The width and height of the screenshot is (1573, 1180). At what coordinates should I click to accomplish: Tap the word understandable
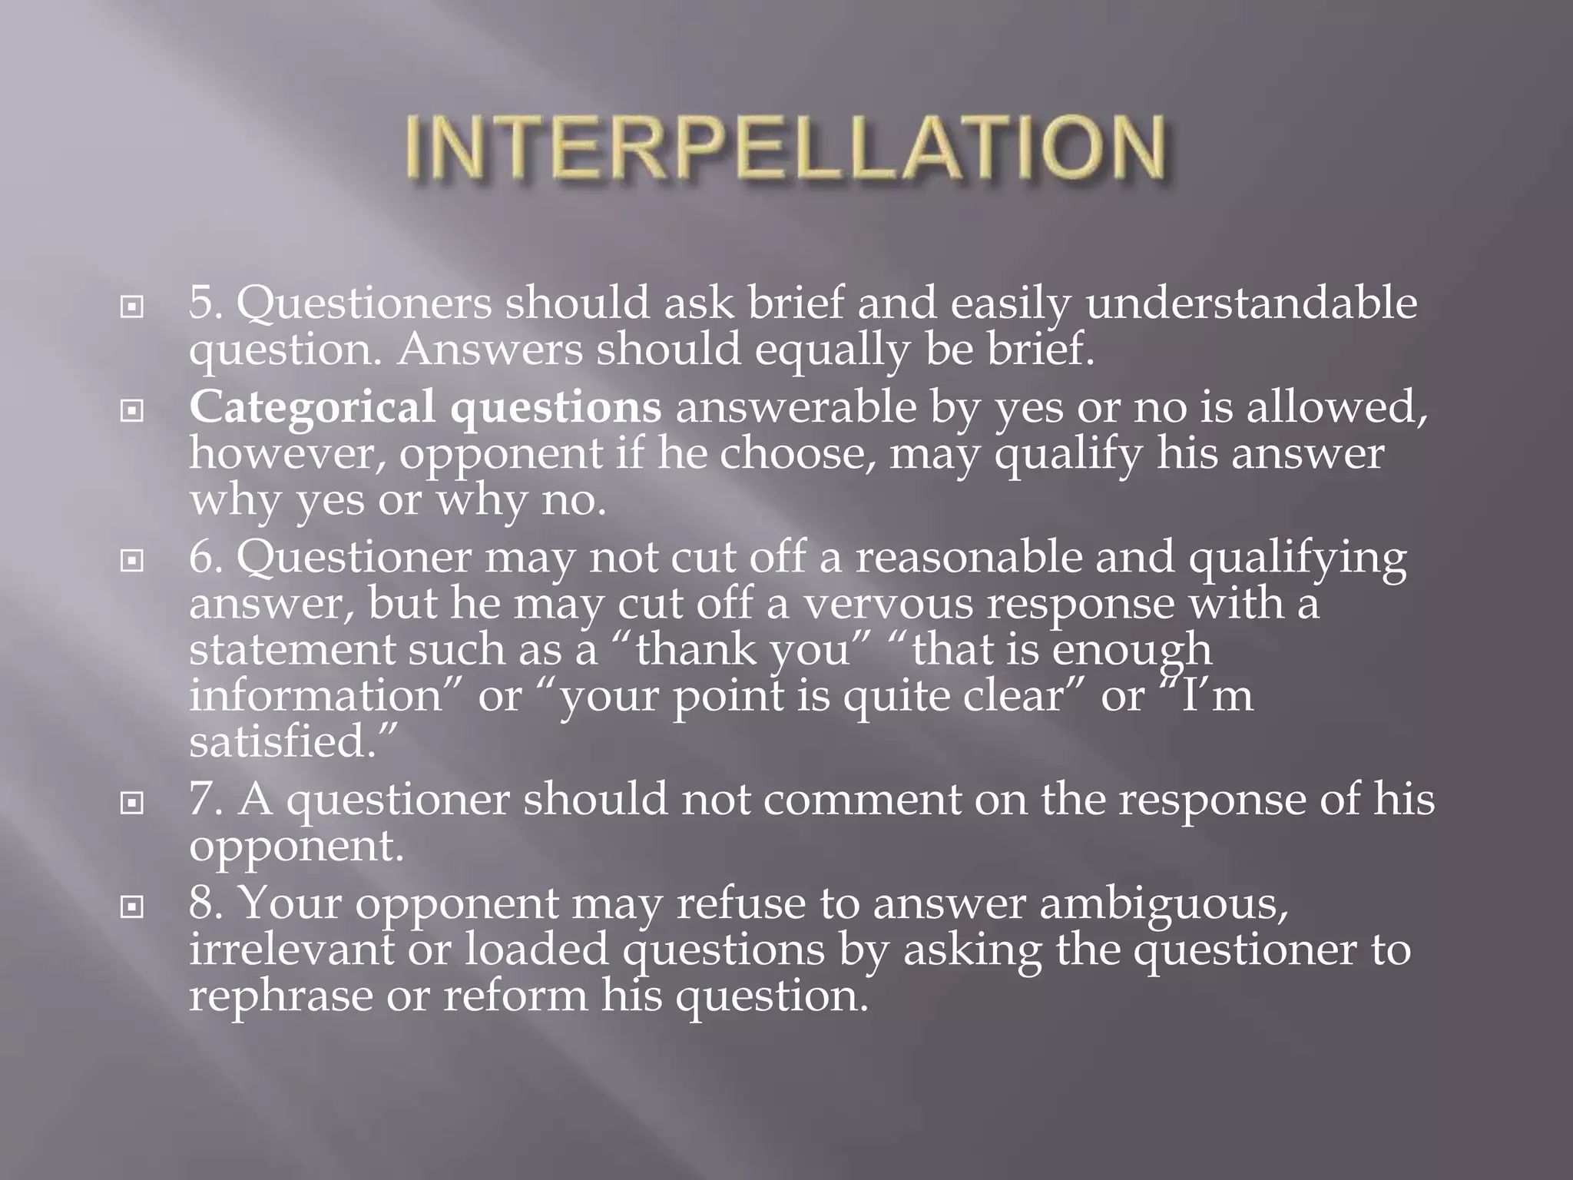click(1251, 303)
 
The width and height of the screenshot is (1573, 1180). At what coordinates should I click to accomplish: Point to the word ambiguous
click(1163, 903)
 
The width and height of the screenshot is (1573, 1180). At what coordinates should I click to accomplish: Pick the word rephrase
click(280, 996)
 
